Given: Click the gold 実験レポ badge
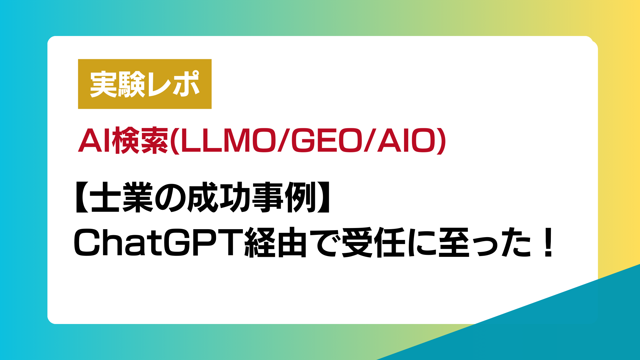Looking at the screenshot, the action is tap(145, 84).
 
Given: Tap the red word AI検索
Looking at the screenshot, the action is tap(123, 141).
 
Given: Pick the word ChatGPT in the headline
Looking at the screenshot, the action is tap(158, 242).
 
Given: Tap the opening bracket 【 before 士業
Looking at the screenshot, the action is tap(82, 197).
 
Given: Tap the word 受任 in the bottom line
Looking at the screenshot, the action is tap(373, 242).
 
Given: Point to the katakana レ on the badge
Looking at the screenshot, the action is tap(159, 85).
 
